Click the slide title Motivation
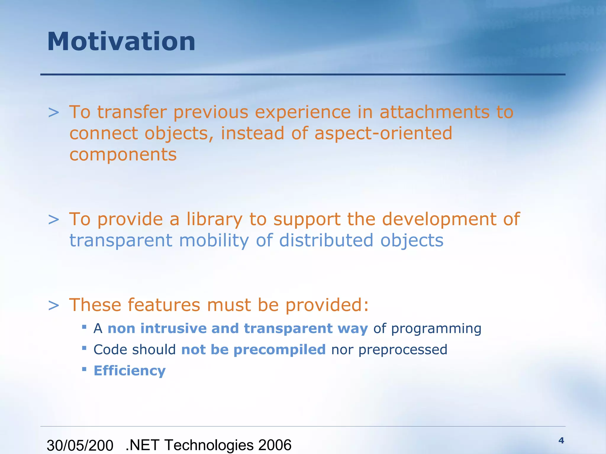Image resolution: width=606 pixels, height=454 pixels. click(121, 42)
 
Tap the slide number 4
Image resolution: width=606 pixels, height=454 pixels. click(561, 441)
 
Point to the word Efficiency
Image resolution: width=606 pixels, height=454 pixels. click(130, 371)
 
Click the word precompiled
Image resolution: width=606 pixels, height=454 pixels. click(280, 350)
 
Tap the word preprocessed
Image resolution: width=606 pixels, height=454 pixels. click(403, 350)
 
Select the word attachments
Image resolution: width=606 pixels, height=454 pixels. click(434, 112)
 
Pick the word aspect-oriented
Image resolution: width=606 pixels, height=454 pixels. click(383, 134)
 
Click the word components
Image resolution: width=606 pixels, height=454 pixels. click(123, 155)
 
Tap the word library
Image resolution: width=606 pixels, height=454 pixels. click(214, 220)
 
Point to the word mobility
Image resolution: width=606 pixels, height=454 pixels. click(214, 241)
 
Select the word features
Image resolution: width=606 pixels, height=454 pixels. click(164, 305)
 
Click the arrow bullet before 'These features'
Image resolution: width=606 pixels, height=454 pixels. click(54, 306)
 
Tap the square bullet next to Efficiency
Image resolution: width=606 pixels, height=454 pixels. click(84, 369)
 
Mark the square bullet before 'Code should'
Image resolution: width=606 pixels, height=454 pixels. click(84, 348)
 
